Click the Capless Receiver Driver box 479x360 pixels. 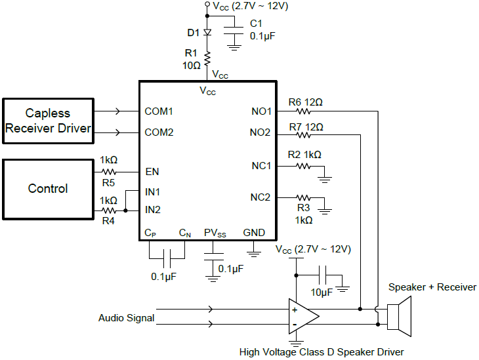coord(48,121)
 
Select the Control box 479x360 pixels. coord(48,189)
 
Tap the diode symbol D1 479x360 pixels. coord(207,32)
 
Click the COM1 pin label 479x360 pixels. coord(159,111)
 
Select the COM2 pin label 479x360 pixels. coord(159,132)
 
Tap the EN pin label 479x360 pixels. coord(152,172)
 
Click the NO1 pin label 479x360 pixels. coord(260,111)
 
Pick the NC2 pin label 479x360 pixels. coord(260,197)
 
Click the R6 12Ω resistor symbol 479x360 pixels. coord(304,112)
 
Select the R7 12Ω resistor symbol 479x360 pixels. coord(304,136)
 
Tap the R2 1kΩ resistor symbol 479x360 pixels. coord(304,167)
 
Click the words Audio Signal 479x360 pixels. coord(127,318)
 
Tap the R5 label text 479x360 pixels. coord(108,182)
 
